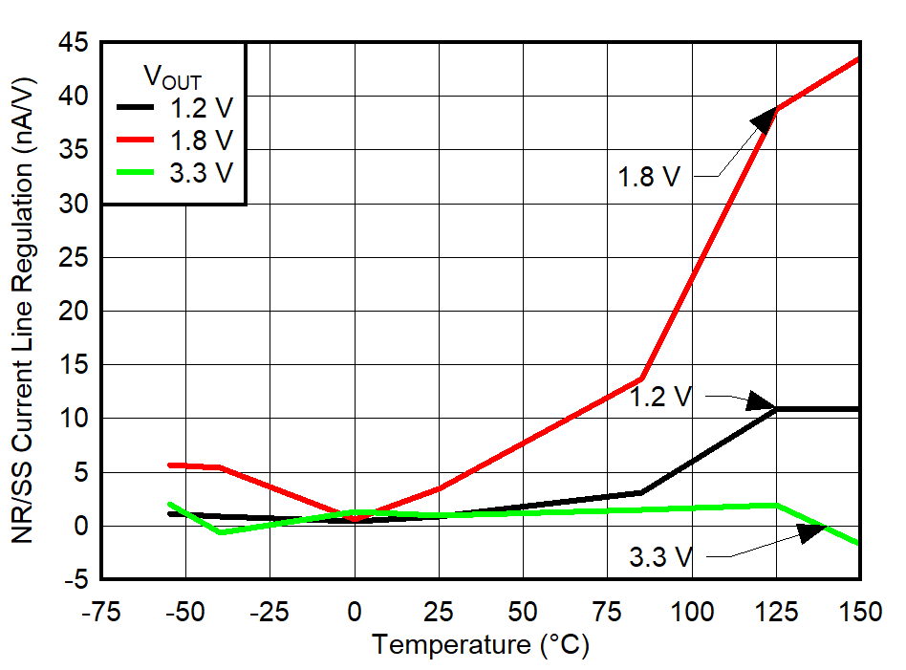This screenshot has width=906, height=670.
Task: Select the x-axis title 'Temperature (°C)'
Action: (481, 645)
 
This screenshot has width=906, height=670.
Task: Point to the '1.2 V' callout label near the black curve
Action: (659, 397)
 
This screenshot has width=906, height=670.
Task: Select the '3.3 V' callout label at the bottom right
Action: (659, 556)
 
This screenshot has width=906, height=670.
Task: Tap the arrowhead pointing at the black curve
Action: (762, 401)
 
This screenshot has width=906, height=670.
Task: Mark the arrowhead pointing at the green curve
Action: (811, 531)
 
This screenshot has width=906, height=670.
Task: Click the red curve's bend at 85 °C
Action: (641, 378)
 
